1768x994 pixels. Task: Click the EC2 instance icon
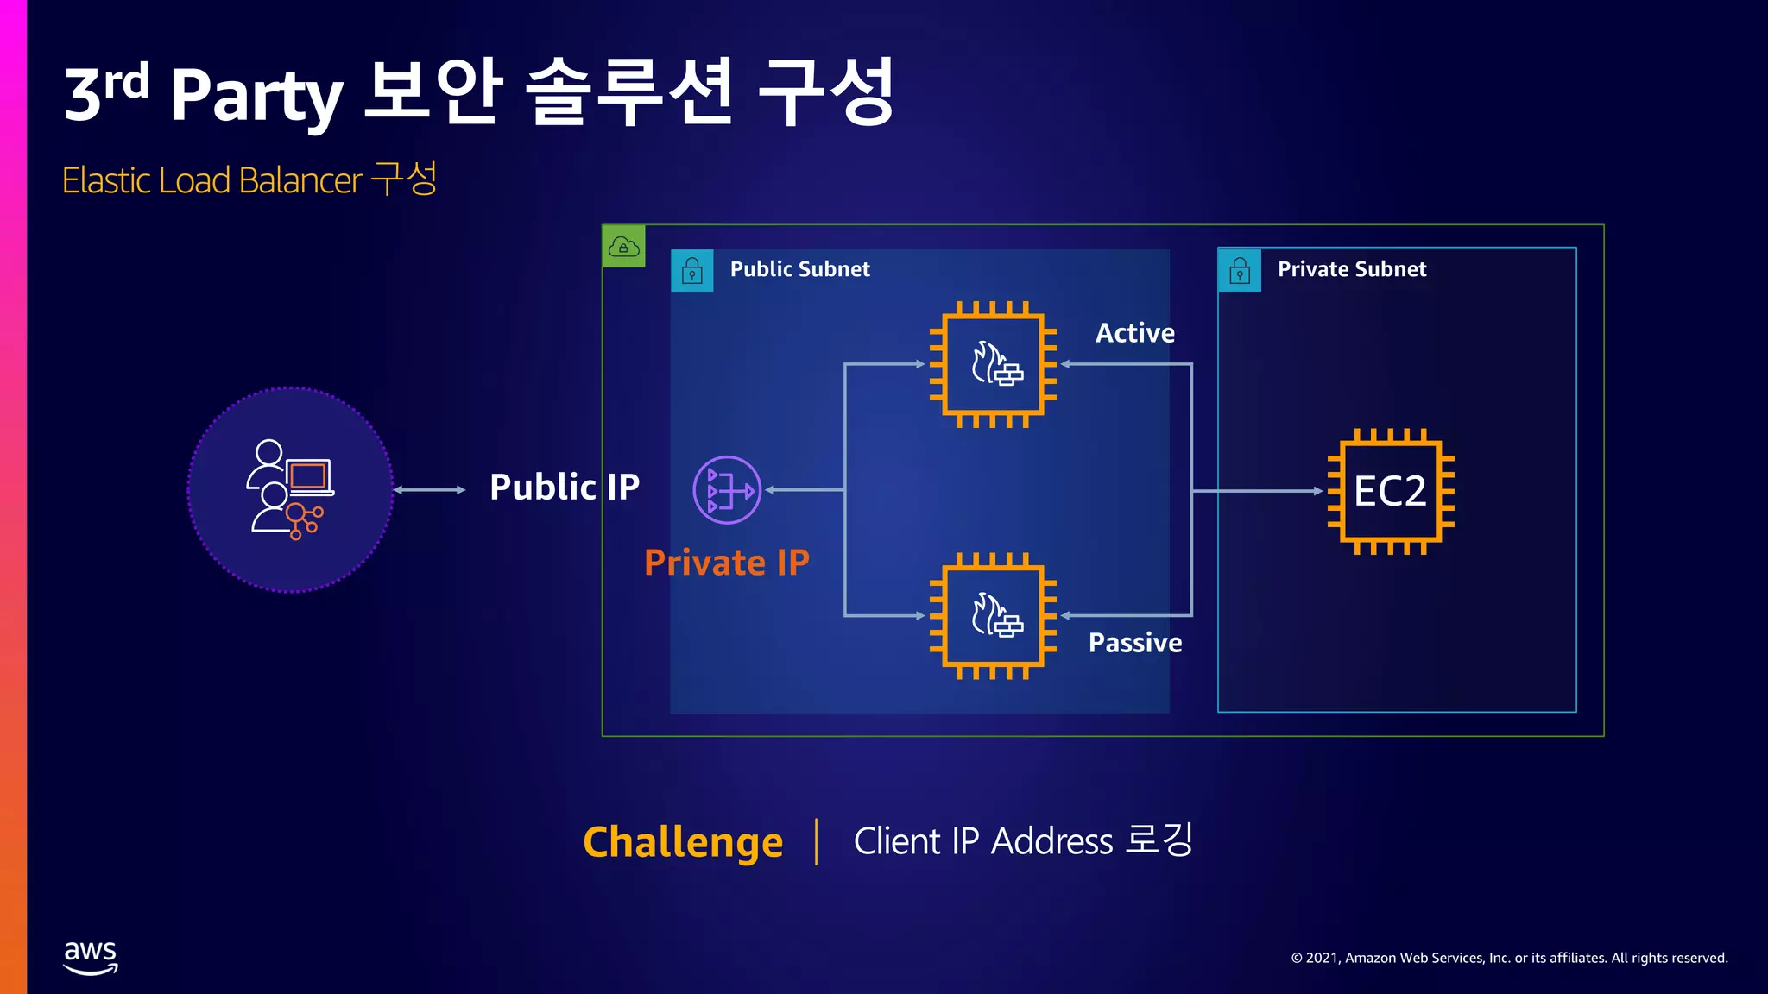[1390, 491]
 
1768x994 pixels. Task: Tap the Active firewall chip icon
[993, 364]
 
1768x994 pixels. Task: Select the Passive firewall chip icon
[993, 616]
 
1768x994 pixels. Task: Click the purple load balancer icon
[727, 490]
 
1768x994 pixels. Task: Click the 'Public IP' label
[565, 488]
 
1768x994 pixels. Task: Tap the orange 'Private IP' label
[727, 563]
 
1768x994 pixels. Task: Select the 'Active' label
[1134, 333]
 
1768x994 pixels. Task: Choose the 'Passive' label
[1134, 643]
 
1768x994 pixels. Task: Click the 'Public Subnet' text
[799, 269]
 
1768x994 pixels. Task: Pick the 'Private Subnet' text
[1352, 269]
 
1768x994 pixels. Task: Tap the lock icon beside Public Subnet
[692, 271]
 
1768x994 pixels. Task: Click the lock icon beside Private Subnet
[1240, 271]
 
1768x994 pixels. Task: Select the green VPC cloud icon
[623, 247]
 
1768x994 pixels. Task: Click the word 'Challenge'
[683, 842]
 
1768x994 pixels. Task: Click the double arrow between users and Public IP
[429, 490]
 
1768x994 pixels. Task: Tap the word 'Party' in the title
[256, 95]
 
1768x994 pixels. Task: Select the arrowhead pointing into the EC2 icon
[1317, 491]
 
